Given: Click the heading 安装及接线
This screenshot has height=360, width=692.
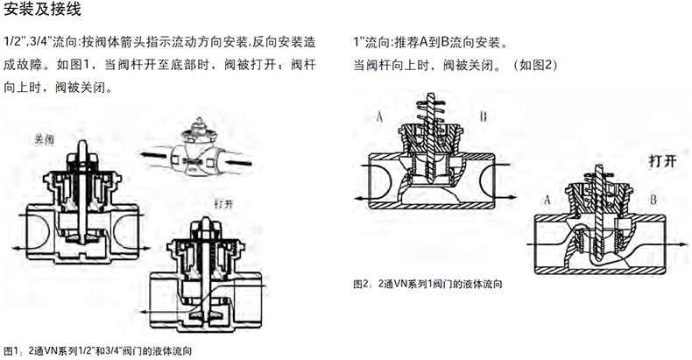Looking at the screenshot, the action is click(42, 10).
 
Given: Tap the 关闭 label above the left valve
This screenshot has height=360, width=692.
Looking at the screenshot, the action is click(44, 140).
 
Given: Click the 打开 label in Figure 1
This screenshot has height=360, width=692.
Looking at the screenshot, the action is click(223, 203).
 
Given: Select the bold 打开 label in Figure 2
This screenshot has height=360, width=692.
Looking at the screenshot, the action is click(662, 160).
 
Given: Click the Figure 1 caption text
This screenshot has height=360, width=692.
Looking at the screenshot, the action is click(97, 351).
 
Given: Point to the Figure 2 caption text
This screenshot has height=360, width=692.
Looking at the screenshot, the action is click(427, 284).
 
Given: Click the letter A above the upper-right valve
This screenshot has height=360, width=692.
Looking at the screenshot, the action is click(379, 116).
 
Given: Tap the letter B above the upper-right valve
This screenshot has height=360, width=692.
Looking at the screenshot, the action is click(484, 116).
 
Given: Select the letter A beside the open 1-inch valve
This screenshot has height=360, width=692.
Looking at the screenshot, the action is click(547, 200).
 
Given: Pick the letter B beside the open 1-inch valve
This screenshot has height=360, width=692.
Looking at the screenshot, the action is click(653, 200).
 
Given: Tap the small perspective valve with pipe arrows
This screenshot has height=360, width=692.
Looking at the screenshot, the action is click(197, 150).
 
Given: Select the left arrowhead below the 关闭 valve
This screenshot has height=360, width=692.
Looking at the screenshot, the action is click(17, 249).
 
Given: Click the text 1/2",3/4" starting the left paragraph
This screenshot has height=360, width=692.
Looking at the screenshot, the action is click(26, 43).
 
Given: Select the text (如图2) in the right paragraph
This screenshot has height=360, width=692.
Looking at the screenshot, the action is click(535, 65).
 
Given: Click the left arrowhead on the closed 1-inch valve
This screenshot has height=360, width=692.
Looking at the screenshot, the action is click(360, 199).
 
